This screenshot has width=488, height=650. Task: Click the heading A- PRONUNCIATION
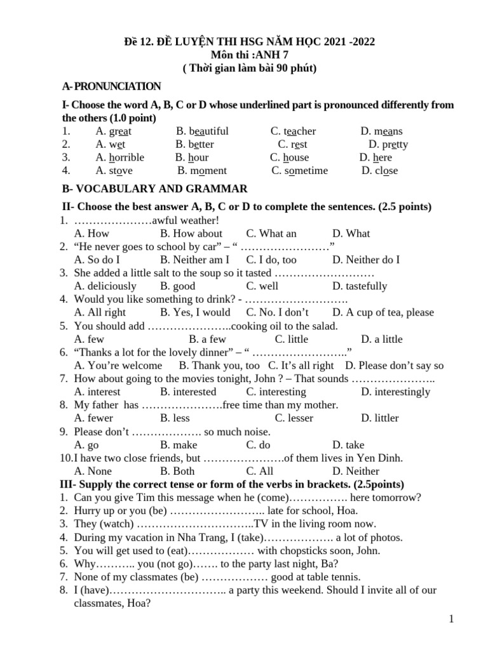(x=111, y=86)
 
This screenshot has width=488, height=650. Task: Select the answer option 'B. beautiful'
(x=202, y=131)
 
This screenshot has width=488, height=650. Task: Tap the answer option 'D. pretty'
(x=384, y=144)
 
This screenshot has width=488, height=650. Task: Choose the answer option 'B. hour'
(x=193, y=157)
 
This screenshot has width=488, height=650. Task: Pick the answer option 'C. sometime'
(x=299, y=171)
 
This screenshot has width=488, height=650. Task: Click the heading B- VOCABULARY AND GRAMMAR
(x=154, y=189)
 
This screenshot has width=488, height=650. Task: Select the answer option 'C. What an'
(x=271, y=234)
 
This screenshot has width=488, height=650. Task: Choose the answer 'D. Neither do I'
(x=365, y=260)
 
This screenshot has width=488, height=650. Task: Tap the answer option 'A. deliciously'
(x=105, y=286)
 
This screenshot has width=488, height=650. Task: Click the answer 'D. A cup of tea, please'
(x=383, y=312)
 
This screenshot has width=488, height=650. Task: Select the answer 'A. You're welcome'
(x=118, y=366)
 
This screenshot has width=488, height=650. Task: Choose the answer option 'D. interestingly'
(x=395, y=392)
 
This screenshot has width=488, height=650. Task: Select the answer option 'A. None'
(x=93, y=471)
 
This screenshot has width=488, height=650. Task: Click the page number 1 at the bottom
(x=451, y=620)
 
